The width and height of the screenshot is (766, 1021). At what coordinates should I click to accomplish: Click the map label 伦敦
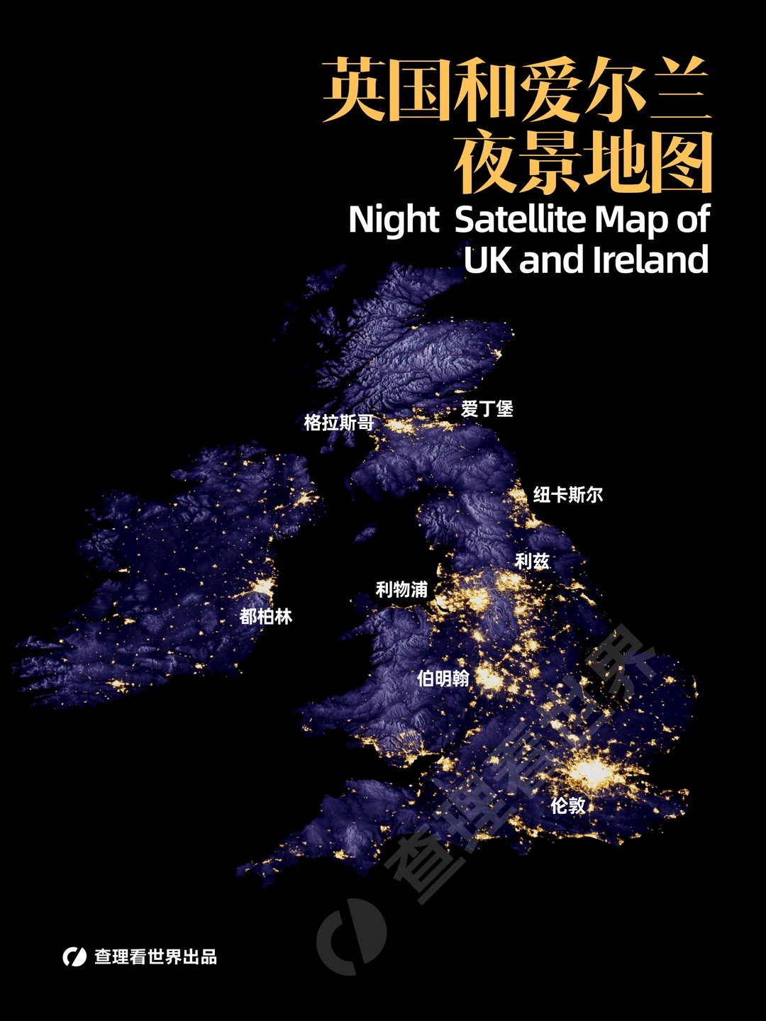[x=568, y=805]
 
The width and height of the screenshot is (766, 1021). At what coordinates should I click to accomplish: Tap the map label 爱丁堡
[x=487, y=408]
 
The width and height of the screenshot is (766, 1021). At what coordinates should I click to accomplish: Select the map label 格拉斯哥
[x=339, y=423]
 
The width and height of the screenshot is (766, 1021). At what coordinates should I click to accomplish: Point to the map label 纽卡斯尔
[x=568, y=494]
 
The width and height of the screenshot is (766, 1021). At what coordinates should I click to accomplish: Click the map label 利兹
[x=532, y=561]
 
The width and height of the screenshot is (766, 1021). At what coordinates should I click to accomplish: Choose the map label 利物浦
[x=401, y=589]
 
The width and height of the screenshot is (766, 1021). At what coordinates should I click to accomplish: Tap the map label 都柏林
[x=266, y=616]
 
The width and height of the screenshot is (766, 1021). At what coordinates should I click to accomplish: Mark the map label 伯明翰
[x=443, y=679]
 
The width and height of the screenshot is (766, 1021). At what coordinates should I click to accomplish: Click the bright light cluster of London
[x=592, y=772]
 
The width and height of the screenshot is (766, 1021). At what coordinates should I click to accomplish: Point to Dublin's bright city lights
[x=264, y=587]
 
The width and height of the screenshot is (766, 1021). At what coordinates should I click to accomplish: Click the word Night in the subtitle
[x=394, y=220]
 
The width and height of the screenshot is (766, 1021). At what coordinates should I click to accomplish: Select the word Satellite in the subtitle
[x=522, y=220]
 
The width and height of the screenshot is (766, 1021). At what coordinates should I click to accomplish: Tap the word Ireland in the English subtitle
[x=650, y=260]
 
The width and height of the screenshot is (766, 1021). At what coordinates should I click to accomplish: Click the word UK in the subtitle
[x=488, y=260]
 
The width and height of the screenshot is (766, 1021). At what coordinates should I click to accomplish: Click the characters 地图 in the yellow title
[x=647, y=162]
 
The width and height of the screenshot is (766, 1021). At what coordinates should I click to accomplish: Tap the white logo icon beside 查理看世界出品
[x=74, y=956]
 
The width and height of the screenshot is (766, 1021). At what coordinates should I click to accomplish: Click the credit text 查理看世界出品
[x=156, y=956]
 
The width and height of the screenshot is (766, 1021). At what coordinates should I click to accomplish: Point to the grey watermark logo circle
[x=352, y=936]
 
